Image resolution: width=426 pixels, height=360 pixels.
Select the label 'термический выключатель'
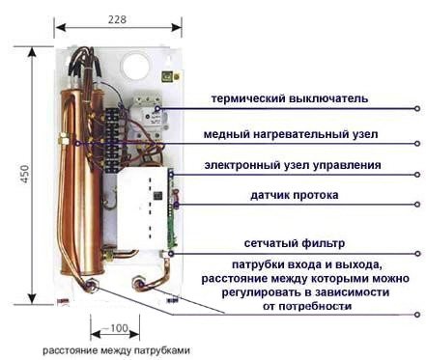292,98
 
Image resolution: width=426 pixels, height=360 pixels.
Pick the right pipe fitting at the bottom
137,285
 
